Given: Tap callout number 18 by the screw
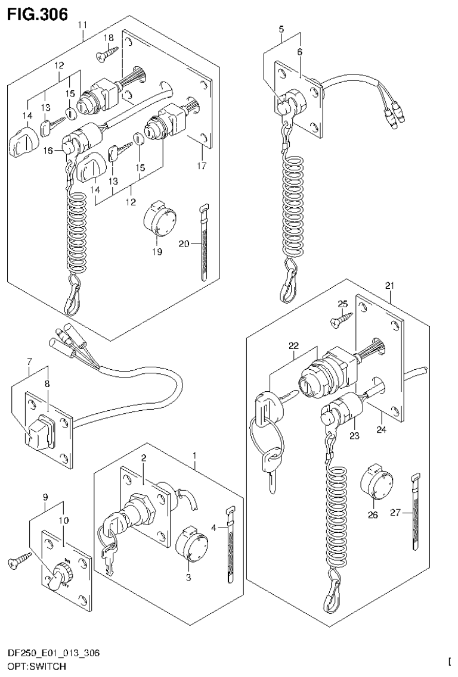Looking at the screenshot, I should click(109, 38).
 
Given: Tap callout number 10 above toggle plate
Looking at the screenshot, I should click(63, 520).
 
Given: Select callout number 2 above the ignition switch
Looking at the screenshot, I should click(143, 457).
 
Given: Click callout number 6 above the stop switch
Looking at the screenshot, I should click(299, 52).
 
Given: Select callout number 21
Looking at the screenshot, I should click(389, 285).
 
